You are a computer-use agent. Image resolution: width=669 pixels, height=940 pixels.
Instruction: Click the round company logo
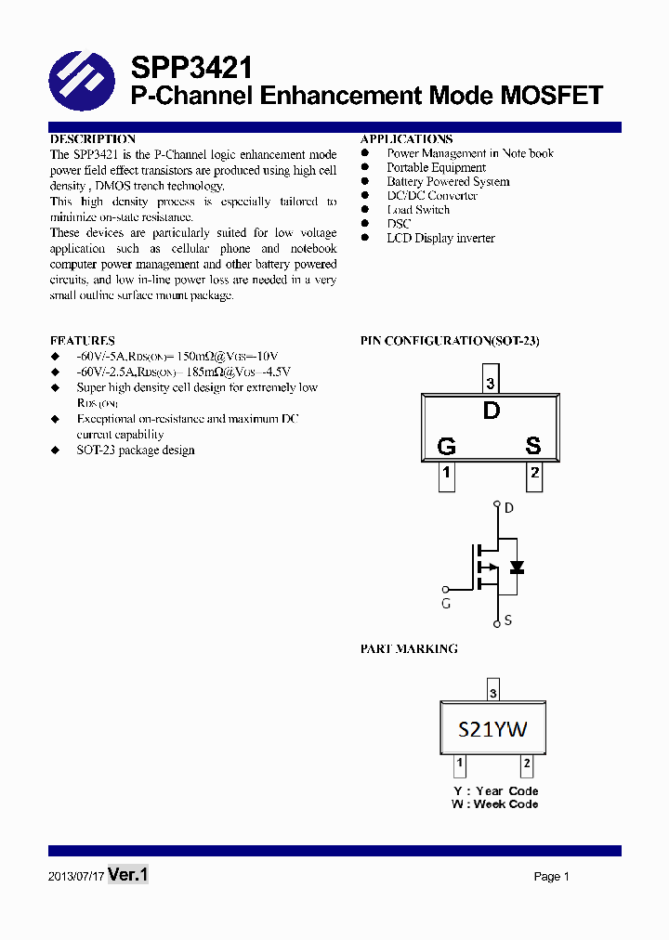[x=81, y=82]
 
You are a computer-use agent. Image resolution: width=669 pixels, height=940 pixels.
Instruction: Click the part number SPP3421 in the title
[x=190, y=68]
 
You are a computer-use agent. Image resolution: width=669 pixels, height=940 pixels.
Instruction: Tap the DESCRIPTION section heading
[x=93, y=139]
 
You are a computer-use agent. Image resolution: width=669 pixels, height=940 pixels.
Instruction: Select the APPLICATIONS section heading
[x=406, y=139]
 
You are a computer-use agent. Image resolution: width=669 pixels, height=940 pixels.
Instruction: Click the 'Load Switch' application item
[x=418, y=210]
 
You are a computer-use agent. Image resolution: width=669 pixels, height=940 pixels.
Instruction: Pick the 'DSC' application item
[x=399, y=224]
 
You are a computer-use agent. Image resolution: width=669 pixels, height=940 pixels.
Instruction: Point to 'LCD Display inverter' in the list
[x=440, y=239]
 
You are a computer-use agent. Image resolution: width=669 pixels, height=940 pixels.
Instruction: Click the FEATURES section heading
[x=83, y=341]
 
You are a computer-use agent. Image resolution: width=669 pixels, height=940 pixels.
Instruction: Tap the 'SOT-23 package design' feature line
[x=136, y=450]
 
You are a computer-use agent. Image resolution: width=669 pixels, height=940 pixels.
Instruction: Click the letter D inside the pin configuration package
[x=492, y=411]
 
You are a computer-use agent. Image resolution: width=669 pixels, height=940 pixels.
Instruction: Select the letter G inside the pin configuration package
[x=446, y=447]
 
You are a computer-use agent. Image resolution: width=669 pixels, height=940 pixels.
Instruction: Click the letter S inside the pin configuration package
[x=532, y=446]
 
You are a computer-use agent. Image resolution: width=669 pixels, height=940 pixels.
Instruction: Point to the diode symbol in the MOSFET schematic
[x=517, y=567]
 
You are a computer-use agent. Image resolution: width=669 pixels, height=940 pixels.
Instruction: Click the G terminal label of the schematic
[x=446, y=604]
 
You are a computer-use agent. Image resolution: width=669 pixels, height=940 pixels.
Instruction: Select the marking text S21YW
[x=492, y=729]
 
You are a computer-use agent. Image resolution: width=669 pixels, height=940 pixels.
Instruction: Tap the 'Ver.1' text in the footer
[x=128, y=875]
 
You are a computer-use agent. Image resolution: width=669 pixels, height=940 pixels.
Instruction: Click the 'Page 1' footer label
[x=551, y=877]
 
